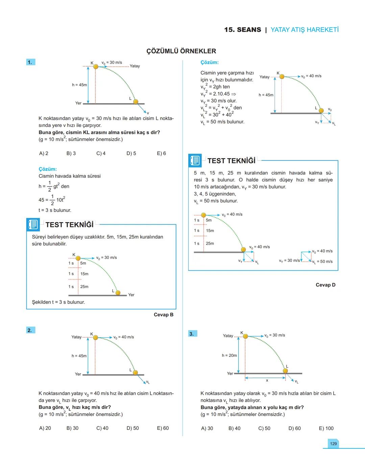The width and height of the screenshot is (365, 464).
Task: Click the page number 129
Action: click(333, 443)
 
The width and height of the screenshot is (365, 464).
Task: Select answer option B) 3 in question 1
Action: click(71, 153)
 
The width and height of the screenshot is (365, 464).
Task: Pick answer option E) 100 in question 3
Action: click(326, 428)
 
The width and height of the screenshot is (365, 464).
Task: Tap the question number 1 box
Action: click(30, 62)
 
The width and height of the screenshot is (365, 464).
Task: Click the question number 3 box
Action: click(192, 334)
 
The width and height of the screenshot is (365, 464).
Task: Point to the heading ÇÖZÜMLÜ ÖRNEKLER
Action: click(181, 51)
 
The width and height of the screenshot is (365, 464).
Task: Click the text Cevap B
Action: click(164, 315)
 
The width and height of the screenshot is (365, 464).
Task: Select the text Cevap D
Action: click(325, 285)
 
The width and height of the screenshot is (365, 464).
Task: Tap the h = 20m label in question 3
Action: click(229, 356)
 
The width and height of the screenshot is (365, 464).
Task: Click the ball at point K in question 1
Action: click(96, 67)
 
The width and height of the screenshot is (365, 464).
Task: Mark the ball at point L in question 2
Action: click(135, 372)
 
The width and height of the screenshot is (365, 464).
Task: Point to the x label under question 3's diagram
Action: click(267, 381)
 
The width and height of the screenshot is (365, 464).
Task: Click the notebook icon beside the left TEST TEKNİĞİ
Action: click(33, 224)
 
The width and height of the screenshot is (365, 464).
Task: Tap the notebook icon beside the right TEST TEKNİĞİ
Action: click(195, 161)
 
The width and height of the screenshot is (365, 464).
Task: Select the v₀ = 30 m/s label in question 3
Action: click(274, 335)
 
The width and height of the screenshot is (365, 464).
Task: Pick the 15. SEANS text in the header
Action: click(242, 30)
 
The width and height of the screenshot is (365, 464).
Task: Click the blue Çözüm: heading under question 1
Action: click(48, 169)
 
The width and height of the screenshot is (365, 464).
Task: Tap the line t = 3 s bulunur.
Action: click(55, 210)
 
